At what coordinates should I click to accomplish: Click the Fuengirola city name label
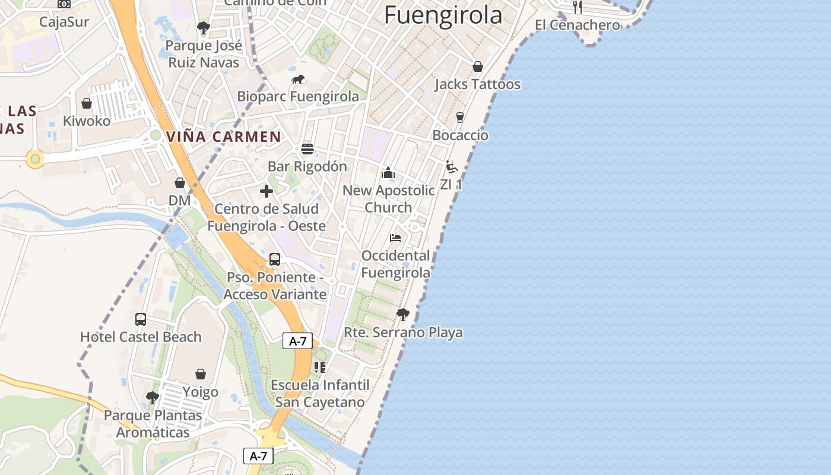[443, 14]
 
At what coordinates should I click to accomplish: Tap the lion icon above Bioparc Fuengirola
[298, 80]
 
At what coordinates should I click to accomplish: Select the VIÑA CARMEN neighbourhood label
[223, 137]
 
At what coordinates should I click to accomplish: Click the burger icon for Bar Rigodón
[307, 149]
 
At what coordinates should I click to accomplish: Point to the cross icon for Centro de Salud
[267, 191]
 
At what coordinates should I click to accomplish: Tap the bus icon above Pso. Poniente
[275, 259]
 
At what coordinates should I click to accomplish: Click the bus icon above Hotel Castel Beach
[141, 319]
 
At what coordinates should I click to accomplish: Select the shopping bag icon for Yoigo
[201, 375]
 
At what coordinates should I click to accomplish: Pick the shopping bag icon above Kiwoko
[87, 103]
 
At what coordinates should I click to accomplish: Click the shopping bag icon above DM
[179, 183]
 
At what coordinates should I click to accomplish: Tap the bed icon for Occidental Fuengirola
[395, 238]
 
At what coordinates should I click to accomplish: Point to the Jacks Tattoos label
[477, 84]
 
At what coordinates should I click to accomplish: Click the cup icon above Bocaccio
[459, 118]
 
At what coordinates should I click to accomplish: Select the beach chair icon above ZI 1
[452, 167]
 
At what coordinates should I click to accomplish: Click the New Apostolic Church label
[389, 199]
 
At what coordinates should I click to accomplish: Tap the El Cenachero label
[577, 25]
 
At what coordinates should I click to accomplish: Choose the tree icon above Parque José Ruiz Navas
[203, 28]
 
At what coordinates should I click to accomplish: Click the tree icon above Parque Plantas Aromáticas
[153, 397]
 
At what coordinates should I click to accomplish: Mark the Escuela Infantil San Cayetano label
[320, 394]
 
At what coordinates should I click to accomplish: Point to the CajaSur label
[64, 22]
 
